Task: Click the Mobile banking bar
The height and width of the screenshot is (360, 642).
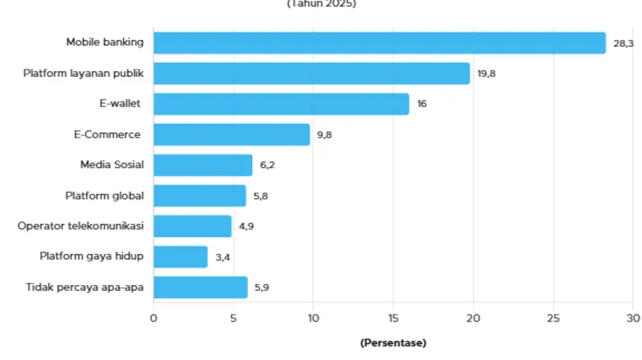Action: tap(379, 43)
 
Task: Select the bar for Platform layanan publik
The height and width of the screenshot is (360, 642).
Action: tap(311, 74)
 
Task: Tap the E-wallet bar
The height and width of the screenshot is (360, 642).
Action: tap(281, 104)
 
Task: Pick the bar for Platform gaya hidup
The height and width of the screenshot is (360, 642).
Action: tap(180, 257)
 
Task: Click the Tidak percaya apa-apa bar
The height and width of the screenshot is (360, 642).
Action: tap(200, 288)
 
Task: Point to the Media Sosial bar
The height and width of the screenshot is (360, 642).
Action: tap(203, 165)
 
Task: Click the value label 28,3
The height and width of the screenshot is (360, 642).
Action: tap(623, 43)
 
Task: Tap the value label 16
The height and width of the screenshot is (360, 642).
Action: tap(422, 104)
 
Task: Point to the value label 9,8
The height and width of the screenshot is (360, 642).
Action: tap(324, 135)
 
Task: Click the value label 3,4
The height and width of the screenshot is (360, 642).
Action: tap(222, 257)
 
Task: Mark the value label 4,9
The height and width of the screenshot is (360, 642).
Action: tap(246, 226)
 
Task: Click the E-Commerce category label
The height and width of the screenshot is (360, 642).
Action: tap(107, 135)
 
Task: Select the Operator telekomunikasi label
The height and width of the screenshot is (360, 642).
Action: tap(80, 226)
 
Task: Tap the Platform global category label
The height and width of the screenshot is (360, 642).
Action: tap(104, 196)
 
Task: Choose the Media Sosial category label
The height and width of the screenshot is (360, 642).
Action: tap(111, 165)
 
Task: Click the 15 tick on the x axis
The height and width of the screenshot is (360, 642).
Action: tap(393, 318)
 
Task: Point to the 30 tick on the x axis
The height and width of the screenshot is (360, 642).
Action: tap(633, 318)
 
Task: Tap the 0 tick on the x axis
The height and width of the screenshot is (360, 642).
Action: tap(154, 318)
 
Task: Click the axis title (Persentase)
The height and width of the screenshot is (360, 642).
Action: tap(393, 343)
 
